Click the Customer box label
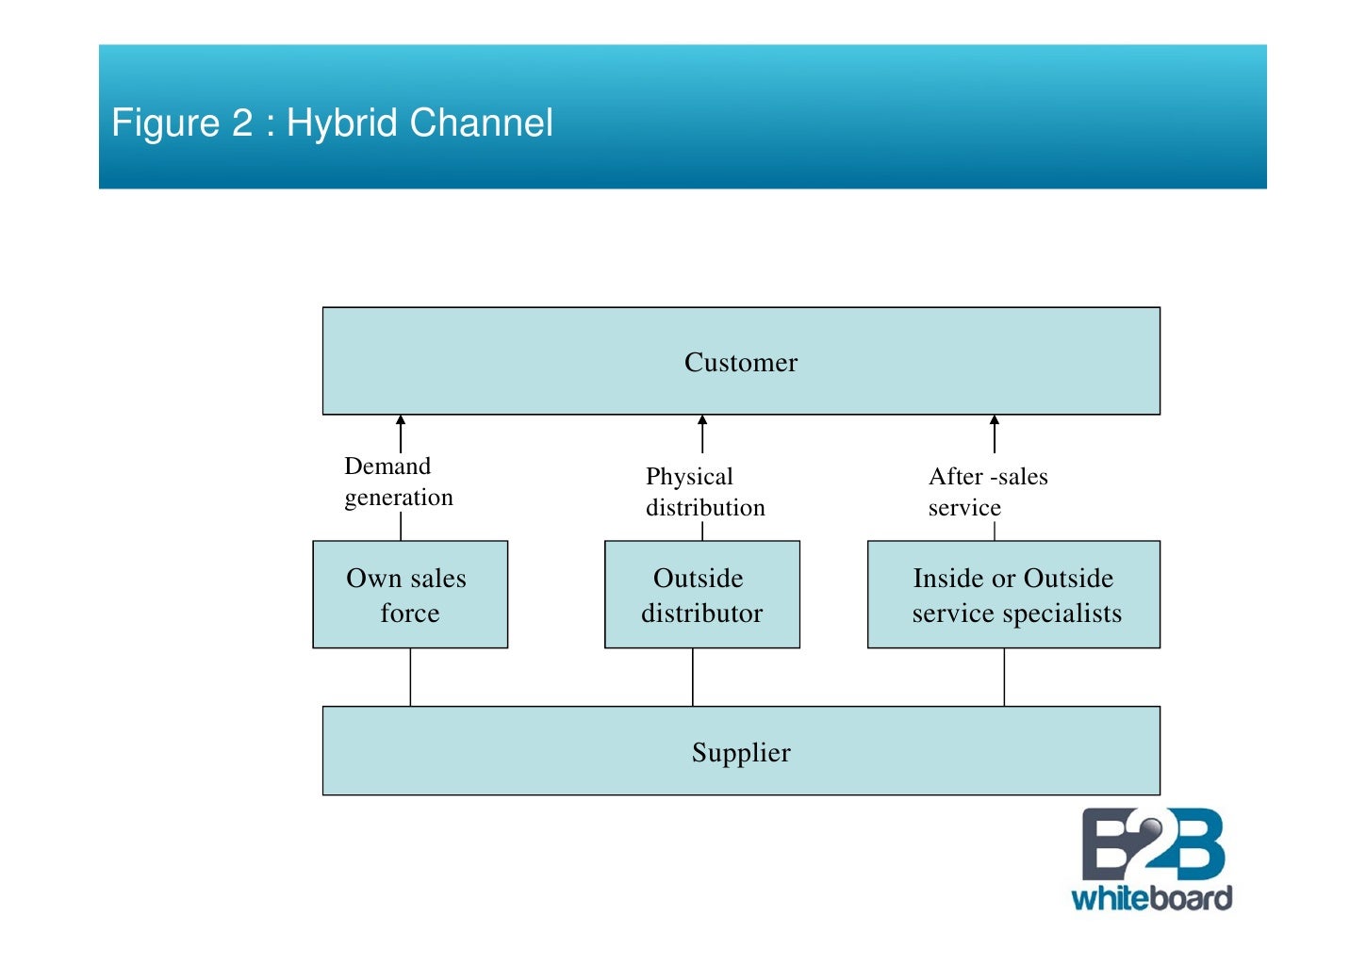[x=740, y=363]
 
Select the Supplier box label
[x=740, y=753]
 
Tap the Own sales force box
[x=409, y=595]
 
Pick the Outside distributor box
[x=701, y=595]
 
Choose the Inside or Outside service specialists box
[x=1014, y=595]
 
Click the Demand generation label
[x=398, y=482]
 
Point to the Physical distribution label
[x=704, y=492]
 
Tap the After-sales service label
[x=987, y=492]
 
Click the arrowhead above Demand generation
[x=401, y=421]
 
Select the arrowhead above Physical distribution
[x=702, y=421]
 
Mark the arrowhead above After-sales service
[x=995, y=421]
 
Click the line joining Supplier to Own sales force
[x=410, y=677]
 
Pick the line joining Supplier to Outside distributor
[x=693, y=677]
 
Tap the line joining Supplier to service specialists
[x=1004, y=677]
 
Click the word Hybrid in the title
[x=341, y=123]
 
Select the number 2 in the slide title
[x=242, y=123]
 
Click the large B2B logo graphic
[x=1152, y=844]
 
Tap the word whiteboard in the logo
[x=1151, y=897]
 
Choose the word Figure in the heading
[x=165, y=123]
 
